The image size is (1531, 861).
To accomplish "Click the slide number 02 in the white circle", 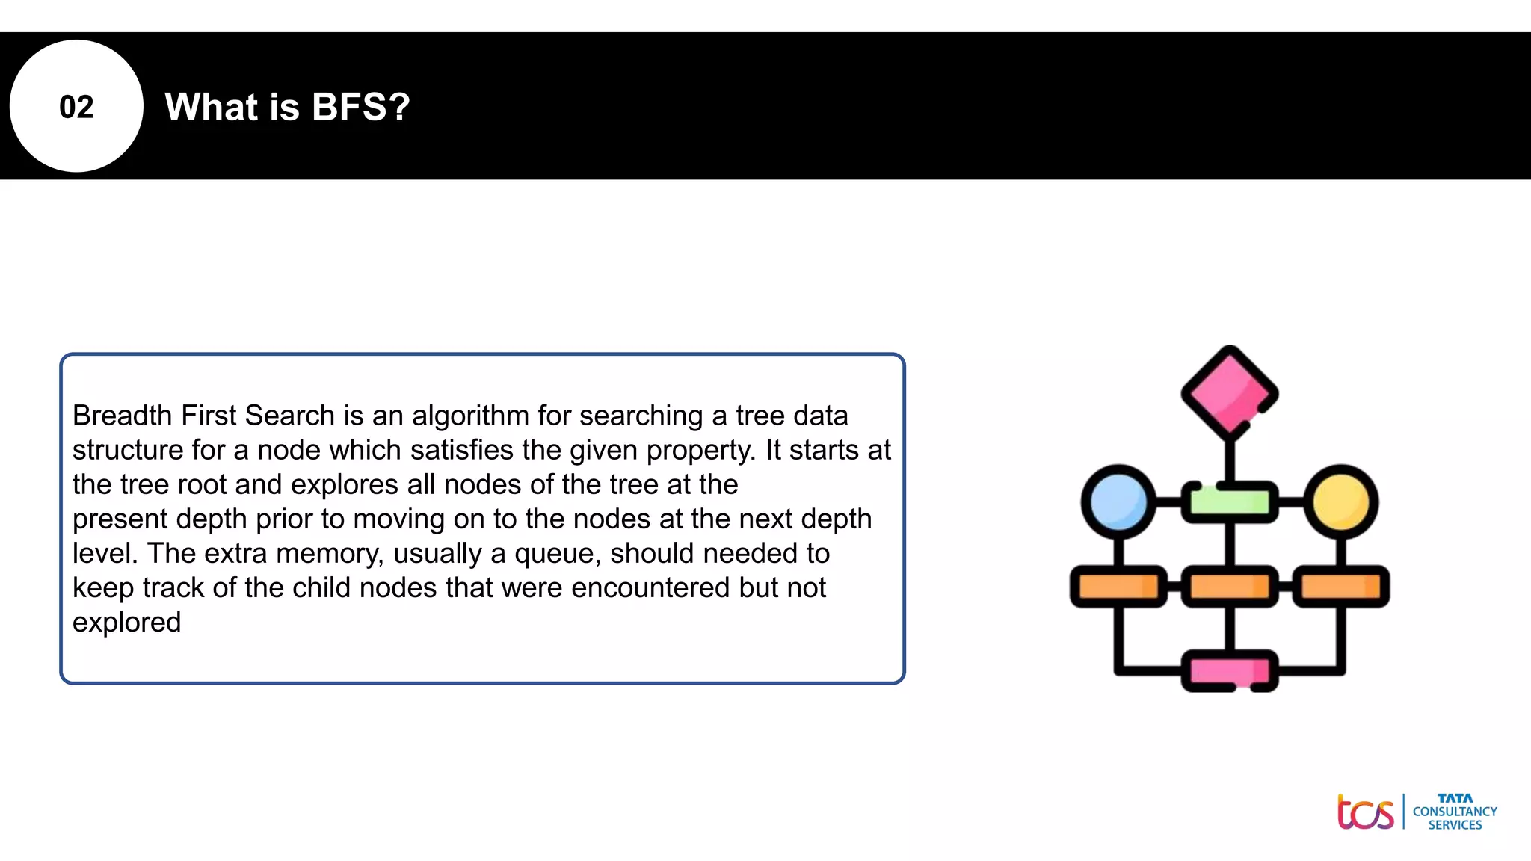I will (76, 107).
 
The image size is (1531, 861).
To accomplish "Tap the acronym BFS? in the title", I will (361, 107).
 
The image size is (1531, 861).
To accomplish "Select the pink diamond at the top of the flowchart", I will (1229, 392).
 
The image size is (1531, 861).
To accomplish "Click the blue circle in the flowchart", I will (1118, 502).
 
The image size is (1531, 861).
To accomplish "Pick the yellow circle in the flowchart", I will (1341, 502).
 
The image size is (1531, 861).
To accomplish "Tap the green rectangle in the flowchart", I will (1229, 502).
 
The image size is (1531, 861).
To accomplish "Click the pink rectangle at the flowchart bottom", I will (1229, 670).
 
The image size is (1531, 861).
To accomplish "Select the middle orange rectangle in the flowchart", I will (1229, 587).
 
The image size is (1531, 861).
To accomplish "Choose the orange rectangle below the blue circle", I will (1118, 587).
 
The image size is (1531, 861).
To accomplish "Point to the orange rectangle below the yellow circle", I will (1341, 587).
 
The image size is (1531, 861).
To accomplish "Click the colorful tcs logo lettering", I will (1365, 812).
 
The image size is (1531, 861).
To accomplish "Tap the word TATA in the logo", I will (1455, 798).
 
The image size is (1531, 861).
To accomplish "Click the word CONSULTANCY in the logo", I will (1455, 812).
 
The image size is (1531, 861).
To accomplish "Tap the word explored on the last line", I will (126, 623).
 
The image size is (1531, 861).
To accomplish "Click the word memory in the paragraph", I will (329, 554).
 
